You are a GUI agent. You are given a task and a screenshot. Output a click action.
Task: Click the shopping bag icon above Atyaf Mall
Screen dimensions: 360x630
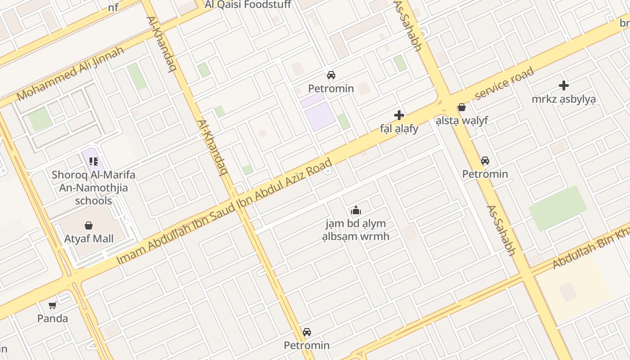pos(89,225)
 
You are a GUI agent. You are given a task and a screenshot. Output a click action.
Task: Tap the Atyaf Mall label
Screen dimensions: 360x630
pos(89,238)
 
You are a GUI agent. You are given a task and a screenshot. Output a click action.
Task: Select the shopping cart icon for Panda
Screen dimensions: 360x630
pos(53,305)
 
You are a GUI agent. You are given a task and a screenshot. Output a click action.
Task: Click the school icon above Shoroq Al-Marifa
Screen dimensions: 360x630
pos(94,161)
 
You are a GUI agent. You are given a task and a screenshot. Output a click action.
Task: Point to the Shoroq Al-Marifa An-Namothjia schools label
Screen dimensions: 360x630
pos(93,187)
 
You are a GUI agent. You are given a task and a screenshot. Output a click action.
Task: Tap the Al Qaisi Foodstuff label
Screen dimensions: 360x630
pos(247,5)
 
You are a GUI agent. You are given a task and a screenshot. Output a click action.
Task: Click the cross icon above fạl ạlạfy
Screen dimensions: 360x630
pos(399,115)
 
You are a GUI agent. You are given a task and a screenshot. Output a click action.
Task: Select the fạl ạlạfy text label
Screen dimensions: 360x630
pos(399,129)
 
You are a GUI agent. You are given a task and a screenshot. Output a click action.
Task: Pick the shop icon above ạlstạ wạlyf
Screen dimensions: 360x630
pos(462,107)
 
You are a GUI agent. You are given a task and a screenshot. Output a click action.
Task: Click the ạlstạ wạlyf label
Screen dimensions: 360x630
pos(462,121)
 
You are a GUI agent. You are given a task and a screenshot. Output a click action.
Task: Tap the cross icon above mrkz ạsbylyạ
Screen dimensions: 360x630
pos(563,85)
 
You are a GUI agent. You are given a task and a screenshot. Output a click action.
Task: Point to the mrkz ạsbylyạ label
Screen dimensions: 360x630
pos(563,99)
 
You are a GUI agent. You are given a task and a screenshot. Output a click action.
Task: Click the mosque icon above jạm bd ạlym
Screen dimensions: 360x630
pos(356,210)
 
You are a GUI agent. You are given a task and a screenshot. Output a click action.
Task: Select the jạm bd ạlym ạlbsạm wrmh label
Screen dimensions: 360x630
pos(356,229)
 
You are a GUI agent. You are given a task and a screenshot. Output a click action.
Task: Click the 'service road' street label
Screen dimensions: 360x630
pos(504,83)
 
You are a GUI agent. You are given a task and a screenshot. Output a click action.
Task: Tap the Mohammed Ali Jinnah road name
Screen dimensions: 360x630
pos(70,73)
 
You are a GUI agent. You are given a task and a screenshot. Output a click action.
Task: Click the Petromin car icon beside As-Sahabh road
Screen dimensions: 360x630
pos(485,161)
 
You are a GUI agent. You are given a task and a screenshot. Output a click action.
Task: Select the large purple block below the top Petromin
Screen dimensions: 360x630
pos(319,116)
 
